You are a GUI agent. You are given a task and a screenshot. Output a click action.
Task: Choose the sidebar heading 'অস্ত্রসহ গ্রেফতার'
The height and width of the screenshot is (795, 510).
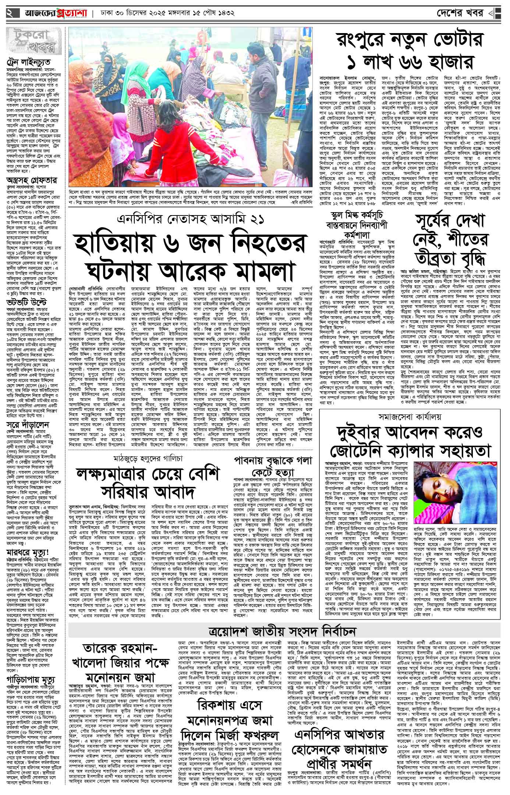tap(31, 181)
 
